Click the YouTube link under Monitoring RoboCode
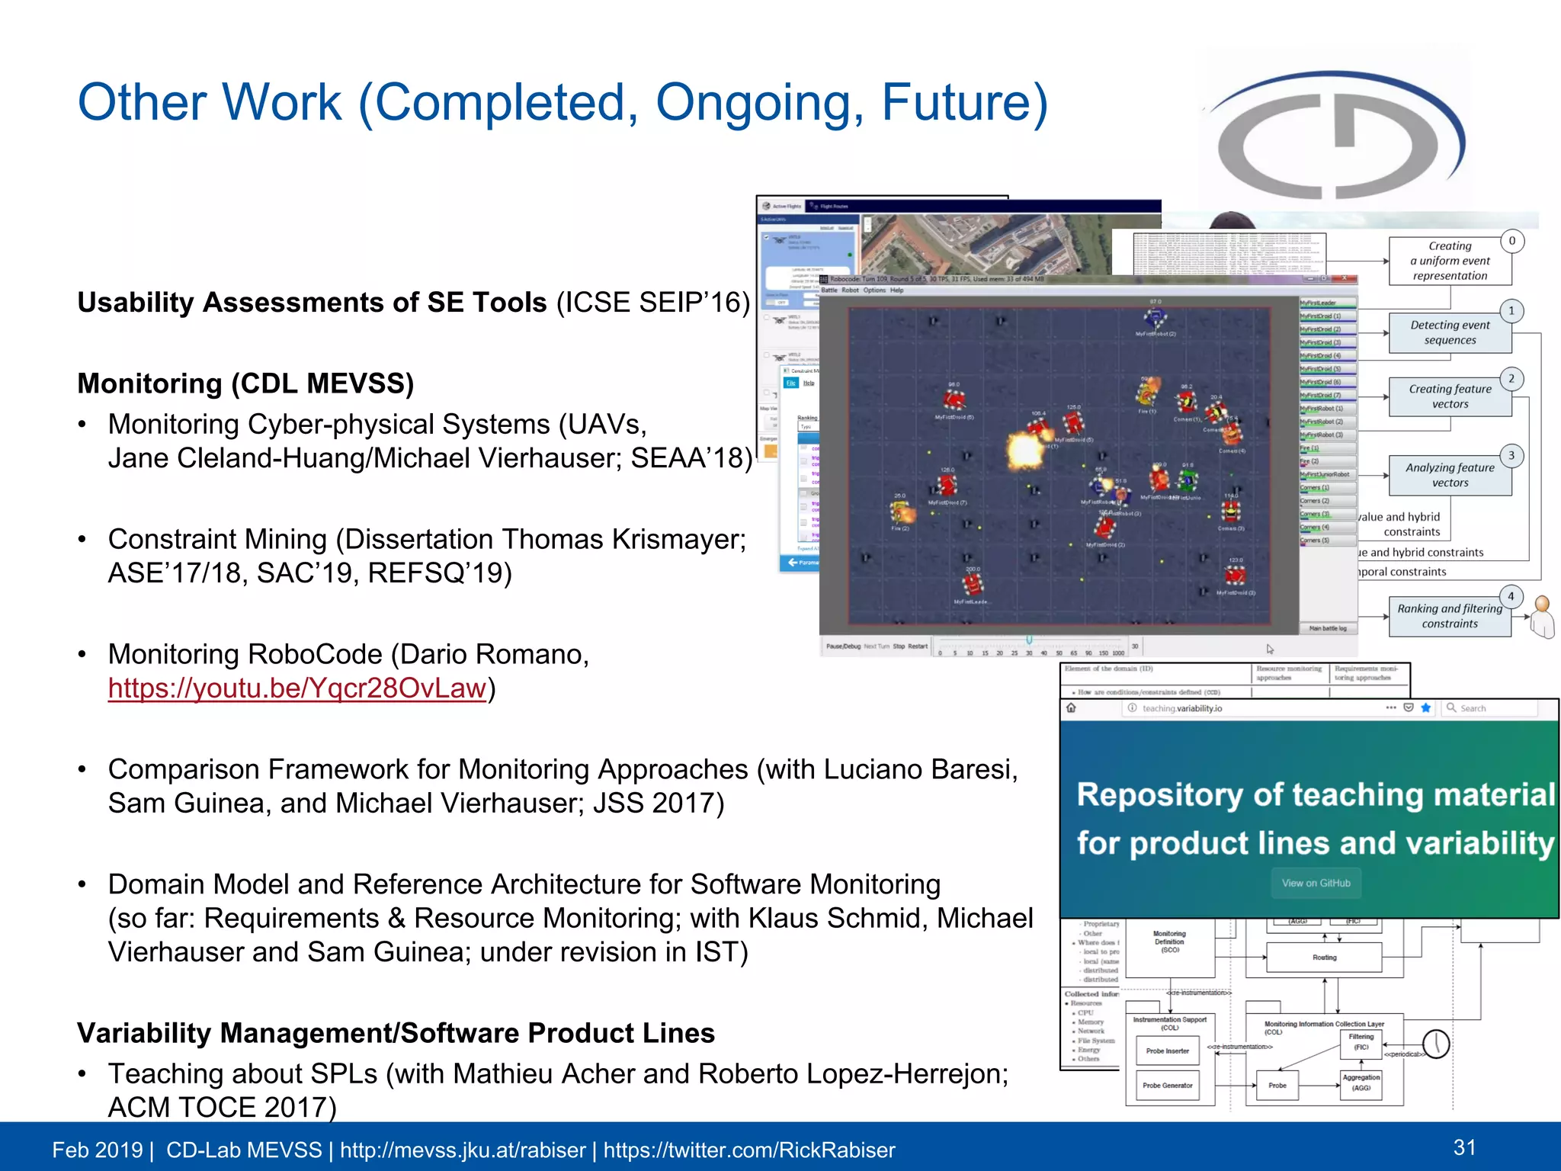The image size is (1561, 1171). point(296,688)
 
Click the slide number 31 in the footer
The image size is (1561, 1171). point(1464,1147)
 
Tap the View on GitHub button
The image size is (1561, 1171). point(1316,883)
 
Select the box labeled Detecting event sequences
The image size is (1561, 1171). point(1449,333)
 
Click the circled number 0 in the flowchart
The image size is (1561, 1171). point(1512,241)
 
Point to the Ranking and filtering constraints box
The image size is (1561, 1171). point(1449,616)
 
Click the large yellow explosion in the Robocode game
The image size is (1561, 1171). point(1025,449)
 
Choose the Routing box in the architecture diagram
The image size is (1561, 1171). point(1324,958)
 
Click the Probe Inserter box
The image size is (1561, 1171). point(1167,1051)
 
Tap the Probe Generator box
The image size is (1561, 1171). point(1167,1086)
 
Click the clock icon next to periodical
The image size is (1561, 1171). point(1436,1043)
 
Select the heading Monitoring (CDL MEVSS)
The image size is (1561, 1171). point(245,383)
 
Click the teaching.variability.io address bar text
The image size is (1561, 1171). point(1182,708)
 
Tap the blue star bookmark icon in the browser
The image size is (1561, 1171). point(1425,707)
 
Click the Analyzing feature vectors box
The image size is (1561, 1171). point(1449,475)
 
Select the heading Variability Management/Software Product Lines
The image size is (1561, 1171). point(396,1033)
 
